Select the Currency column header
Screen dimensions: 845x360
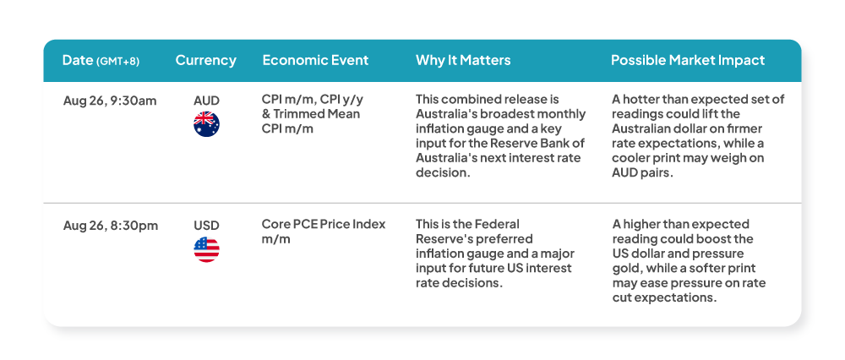[x=206, y=60]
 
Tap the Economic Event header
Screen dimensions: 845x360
[x=315, y=60]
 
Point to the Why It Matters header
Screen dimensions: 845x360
[x=463, y=60]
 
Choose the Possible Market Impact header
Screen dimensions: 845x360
[x=688, y=60]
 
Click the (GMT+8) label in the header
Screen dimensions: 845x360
[x=117, y=62]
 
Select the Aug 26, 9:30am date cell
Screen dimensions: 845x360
[x=110, y=101]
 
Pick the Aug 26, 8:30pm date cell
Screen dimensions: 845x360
[x=111, y=226]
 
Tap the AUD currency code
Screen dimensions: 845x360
[x=206, y=101]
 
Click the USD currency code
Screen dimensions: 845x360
[x=206, y=226]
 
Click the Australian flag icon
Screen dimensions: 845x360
[x=206, y=124]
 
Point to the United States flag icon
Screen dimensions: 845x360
[x=206, y=249]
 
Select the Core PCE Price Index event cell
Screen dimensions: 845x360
[x=324, y=232]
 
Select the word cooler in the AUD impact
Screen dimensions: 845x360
[x=629, y=158]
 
